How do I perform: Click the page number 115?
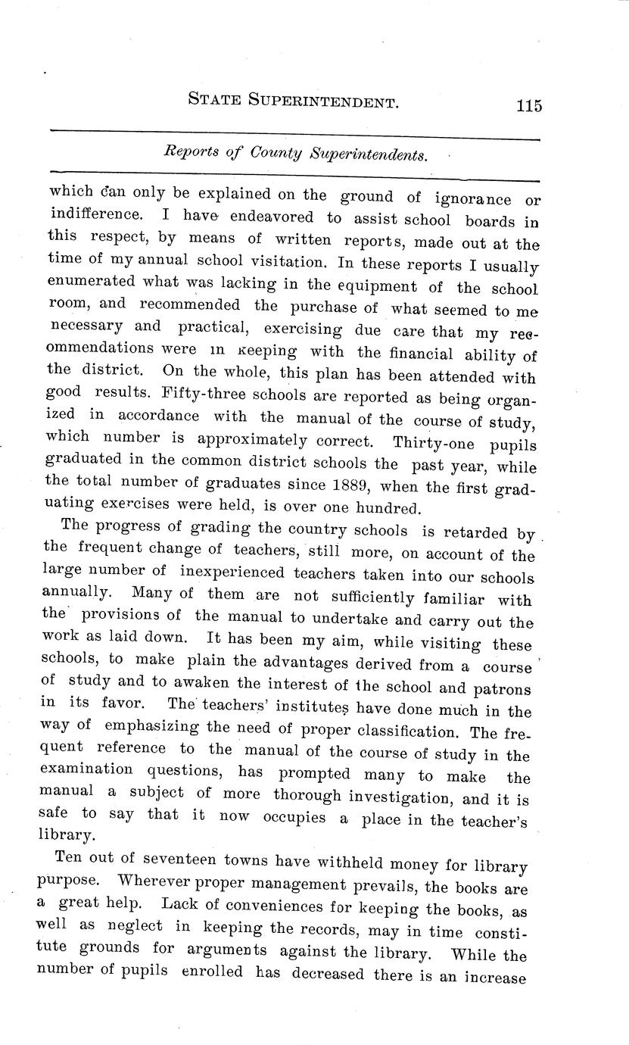point(529,105)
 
